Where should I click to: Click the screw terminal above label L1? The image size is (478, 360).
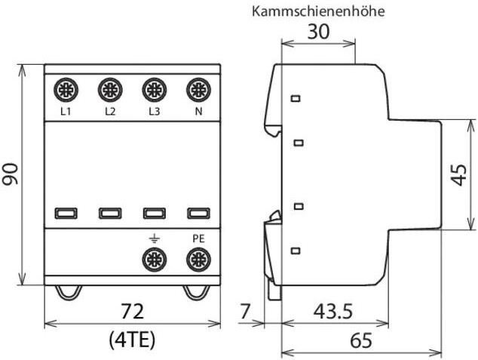pyautogui.click(x=66, y=92)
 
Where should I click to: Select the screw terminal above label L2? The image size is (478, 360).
pyautogui.click(x=110, y=92)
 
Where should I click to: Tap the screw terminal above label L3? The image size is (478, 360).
pyautogui.click(x=155, y=92)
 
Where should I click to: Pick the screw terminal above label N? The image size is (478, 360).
pyautogui.click(x=198, y=92)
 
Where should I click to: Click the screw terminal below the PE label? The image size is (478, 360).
pyautogui.click(x=198, y=260)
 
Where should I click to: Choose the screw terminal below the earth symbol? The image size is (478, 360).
pyautogui.click(x=155, y=260)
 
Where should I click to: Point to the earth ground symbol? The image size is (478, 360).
pyautogui.click(x=155, y=238)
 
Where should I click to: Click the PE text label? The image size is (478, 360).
pyautogui.click(x=198, y=238)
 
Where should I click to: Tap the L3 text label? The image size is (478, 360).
pyautogui.click(x=154, y=112)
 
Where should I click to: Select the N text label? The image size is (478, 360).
pyautogui.click(x=198, y=112)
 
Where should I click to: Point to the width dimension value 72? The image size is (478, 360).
pyautogui.click(x=133, y=312)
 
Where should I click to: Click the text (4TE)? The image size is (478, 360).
pyautogui.click(x=133, y=339)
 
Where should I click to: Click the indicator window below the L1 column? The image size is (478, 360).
pyautogui.click(x=66, y=214)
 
